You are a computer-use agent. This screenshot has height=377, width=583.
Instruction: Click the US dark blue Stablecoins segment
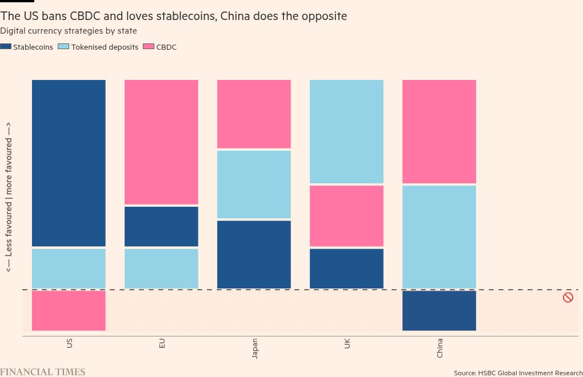point(69,163)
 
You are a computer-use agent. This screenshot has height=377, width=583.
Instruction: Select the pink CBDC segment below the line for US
point(69,310)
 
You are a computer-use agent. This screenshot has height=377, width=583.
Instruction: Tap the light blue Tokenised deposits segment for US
point(69,268)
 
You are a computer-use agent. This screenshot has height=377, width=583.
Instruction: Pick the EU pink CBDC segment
point(161,142)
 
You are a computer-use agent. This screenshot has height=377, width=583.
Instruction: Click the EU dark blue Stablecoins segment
point(161,226)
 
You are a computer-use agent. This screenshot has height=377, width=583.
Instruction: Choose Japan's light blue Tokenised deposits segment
point(254,184)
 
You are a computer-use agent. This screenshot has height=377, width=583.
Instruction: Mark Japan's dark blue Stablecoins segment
point(254,254)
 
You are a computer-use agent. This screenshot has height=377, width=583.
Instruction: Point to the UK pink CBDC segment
point(346,216)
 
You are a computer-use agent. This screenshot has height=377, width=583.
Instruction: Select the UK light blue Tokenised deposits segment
point(346,131)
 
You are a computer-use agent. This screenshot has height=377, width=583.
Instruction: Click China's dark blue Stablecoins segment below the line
point(439,310)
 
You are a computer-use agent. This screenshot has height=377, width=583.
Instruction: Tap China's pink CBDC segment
point(439,131)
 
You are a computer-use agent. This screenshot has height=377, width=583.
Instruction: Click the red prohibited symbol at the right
point(568,297)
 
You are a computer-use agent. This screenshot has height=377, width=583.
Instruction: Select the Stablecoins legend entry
point(27,47)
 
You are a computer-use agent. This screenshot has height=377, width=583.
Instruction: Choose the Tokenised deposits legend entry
point(98,47)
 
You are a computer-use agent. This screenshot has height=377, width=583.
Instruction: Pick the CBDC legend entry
point(160,47)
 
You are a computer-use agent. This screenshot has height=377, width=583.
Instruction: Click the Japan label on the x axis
point(255,348)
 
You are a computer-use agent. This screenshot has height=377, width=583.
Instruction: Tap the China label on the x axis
point(440,348)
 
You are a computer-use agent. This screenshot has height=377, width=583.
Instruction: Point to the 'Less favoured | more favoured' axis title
point(9,197)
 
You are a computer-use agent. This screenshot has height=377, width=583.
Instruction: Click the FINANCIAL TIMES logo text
point(42,372)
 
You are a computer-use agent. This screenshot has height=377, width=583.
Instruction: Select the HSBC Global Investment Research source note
point(518,373)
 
